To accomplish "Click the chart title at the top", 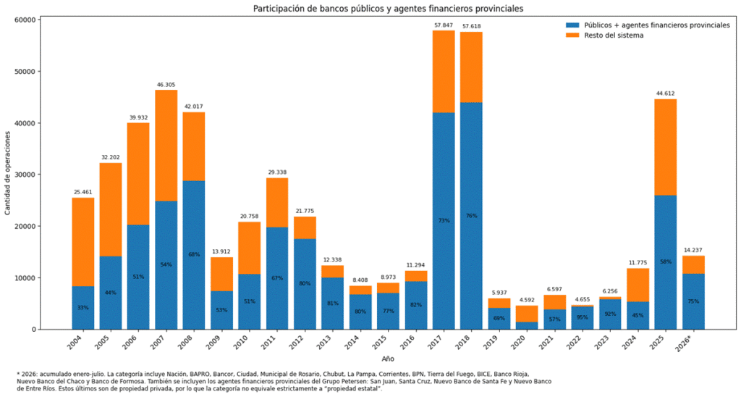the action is coord(388,9).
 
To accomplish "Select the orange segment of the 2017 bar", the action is coord(444,72).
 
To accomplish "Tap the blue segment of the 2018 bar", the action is coord(471,216).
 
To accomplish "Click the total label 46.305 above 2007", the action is coord(166,85).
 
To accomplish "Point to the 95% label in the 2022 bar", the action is coord(583,317).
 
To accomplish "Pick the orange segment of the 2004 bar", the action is coord(82,242).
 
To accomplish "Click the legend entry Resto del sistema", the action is coord(614,35).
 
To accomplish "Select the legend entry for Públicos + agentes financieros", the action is coord(648,25).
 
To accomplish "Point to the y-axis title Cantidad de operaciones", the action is coord(7,172).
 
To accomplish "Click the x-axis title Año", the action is coord(388,359).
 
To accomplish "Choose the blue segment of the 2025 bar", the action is coord(666,262).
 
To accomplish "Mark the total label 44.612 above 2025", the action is coord(666,93).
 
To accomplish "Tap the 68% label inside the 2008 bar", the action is coord(194,254).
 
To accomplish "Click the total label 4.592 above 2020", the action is coord(527,299).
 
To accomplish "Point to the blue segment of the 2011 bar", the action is coord(277,278).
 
